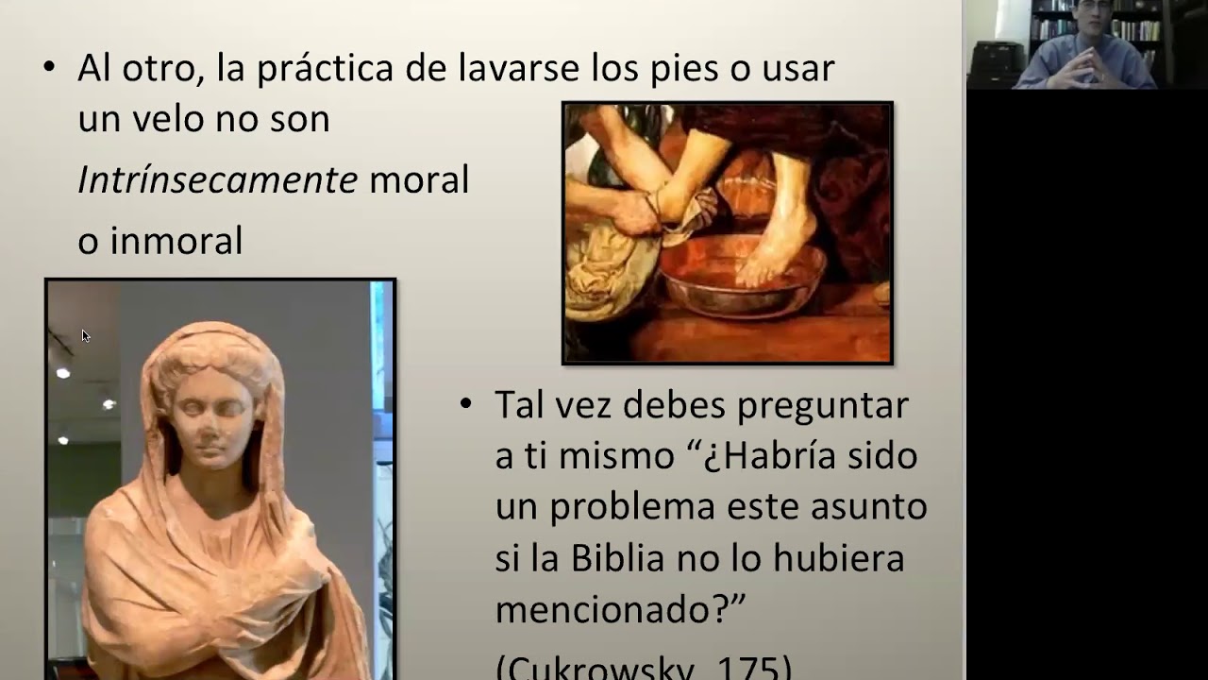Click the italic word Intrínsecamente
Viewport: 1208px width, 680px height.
click(217, 179)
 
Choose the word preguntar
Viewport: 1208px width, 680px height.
click(822, 405)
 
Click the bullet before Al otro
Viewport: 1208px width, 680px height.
click(50, 68)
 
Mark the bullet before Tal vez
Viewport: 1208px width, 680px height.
click(465, 404)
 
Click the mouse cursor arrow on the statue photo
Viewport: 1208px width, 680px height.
click(85, 334)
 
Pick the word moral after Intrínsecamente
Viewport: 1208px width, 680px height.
click(419, 179)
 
